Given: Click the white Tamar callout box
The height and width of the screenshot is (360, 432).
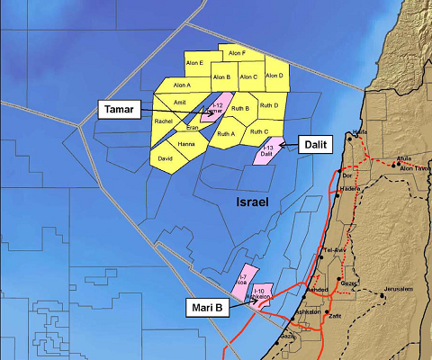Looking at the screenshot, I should tap(119, 109).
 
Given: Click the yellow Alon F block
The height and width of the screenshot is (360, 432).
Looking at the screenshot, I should tap(237, 54).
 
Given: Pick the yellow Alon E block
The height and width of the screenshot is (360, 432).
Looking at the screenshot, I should tap(194, 63).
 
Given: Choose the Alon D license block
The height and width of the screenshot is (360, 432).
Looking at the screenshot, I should tap(274, 76).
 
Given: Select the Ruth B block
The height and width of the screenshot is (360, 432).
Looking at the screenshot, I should tap(240, 109).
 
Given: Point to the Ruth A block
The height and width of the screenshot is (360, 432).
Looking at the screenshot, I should tap(226, 134).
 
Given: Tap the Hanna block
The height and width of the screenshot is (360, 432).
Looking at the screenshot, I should tap(186, 144).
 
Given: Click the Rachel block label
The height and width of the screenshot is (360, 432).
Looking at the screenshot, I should tap(164, 121).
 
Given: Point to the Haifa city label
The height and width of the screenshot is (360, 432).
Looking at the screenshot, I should tap(361, 132).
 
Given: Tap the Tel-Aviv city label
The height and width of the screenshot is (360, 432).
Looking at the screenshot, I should tap(335, 249).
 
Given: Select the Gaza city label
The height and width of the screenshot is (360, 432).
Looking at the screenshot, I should tap(287, 336).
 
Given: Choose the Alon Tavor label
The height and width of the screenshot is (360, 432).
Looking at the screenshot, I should tap(413, 167).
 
